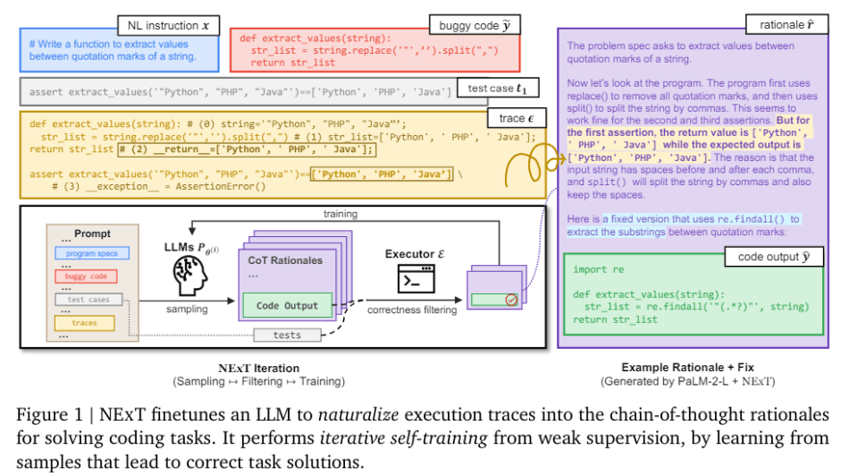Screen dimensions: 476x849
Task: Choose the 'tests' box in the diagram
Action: pos(287,335)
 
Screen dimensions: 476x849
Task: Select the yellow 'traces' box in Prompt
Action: pos(85,322)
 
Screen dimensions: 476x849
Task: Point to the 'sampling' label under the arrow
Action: pos(187,309)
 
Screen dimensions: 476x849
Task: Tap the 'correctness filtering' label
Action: pos(410,309)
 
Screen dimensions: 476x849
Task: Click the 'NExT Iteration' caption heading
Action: pos(258,368)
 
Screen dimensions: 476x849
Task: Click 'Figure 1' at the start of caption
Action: pos(46,413)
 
